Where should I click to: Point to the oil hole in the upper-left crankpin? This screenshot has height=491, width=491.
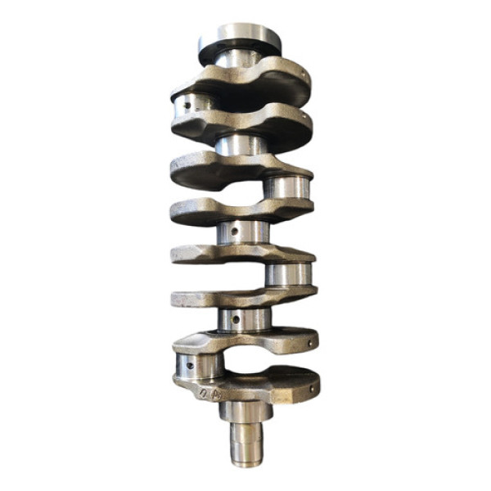191,105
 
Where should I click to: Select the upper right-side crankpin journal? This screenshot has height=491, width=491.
286,187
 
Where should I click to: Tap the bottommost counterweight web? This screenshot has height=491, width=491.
245,385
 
